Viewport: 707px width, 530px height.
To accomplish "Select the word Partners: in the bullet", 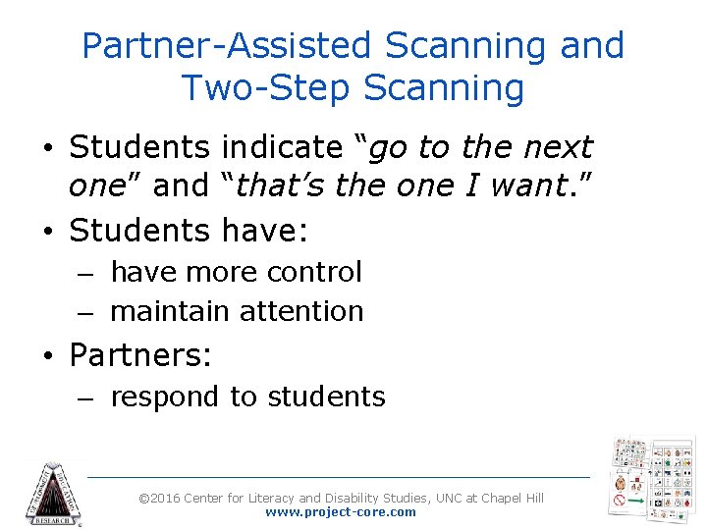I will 140,354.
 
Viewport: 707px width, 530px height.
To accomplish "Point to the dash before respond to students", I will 85,397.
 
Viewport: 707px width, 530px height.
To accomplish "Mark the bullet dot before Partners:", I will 49,355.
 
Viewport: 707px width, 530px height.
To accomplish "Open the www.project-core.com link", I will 340,512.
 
